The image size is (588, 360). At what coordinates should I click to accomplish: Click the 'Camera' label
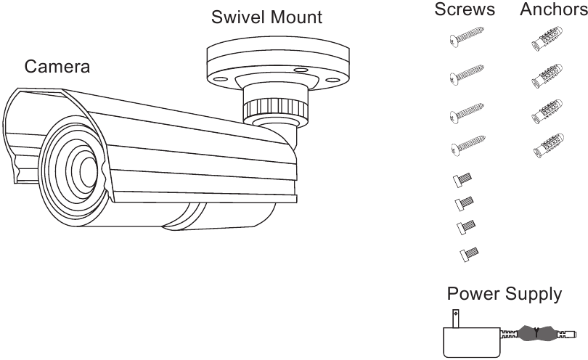(58, 67)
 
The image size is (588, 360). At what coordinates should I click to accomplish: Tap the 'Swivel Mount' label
(266, 17)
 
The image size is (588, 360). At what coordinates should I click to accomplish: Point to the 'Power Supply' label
(504, 295)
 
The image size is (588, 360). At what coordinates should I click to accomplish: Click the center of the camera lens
(86, 170)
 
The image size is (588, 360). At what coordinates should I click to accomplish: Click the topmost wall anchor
(547, 39)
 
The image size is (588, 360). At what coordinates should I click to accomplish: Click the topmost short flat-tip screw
(462, 179)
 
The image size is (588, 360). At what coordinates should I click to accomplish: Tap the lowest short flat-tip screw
(468, 253)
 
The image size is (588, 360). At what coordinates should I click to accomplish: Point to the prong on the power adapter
(456, 318)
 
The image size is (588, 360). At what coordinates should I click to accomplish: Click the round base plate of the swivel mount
(277, 61)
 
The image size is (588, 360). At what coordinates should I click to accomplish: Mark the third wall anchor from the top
(547, 111)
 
